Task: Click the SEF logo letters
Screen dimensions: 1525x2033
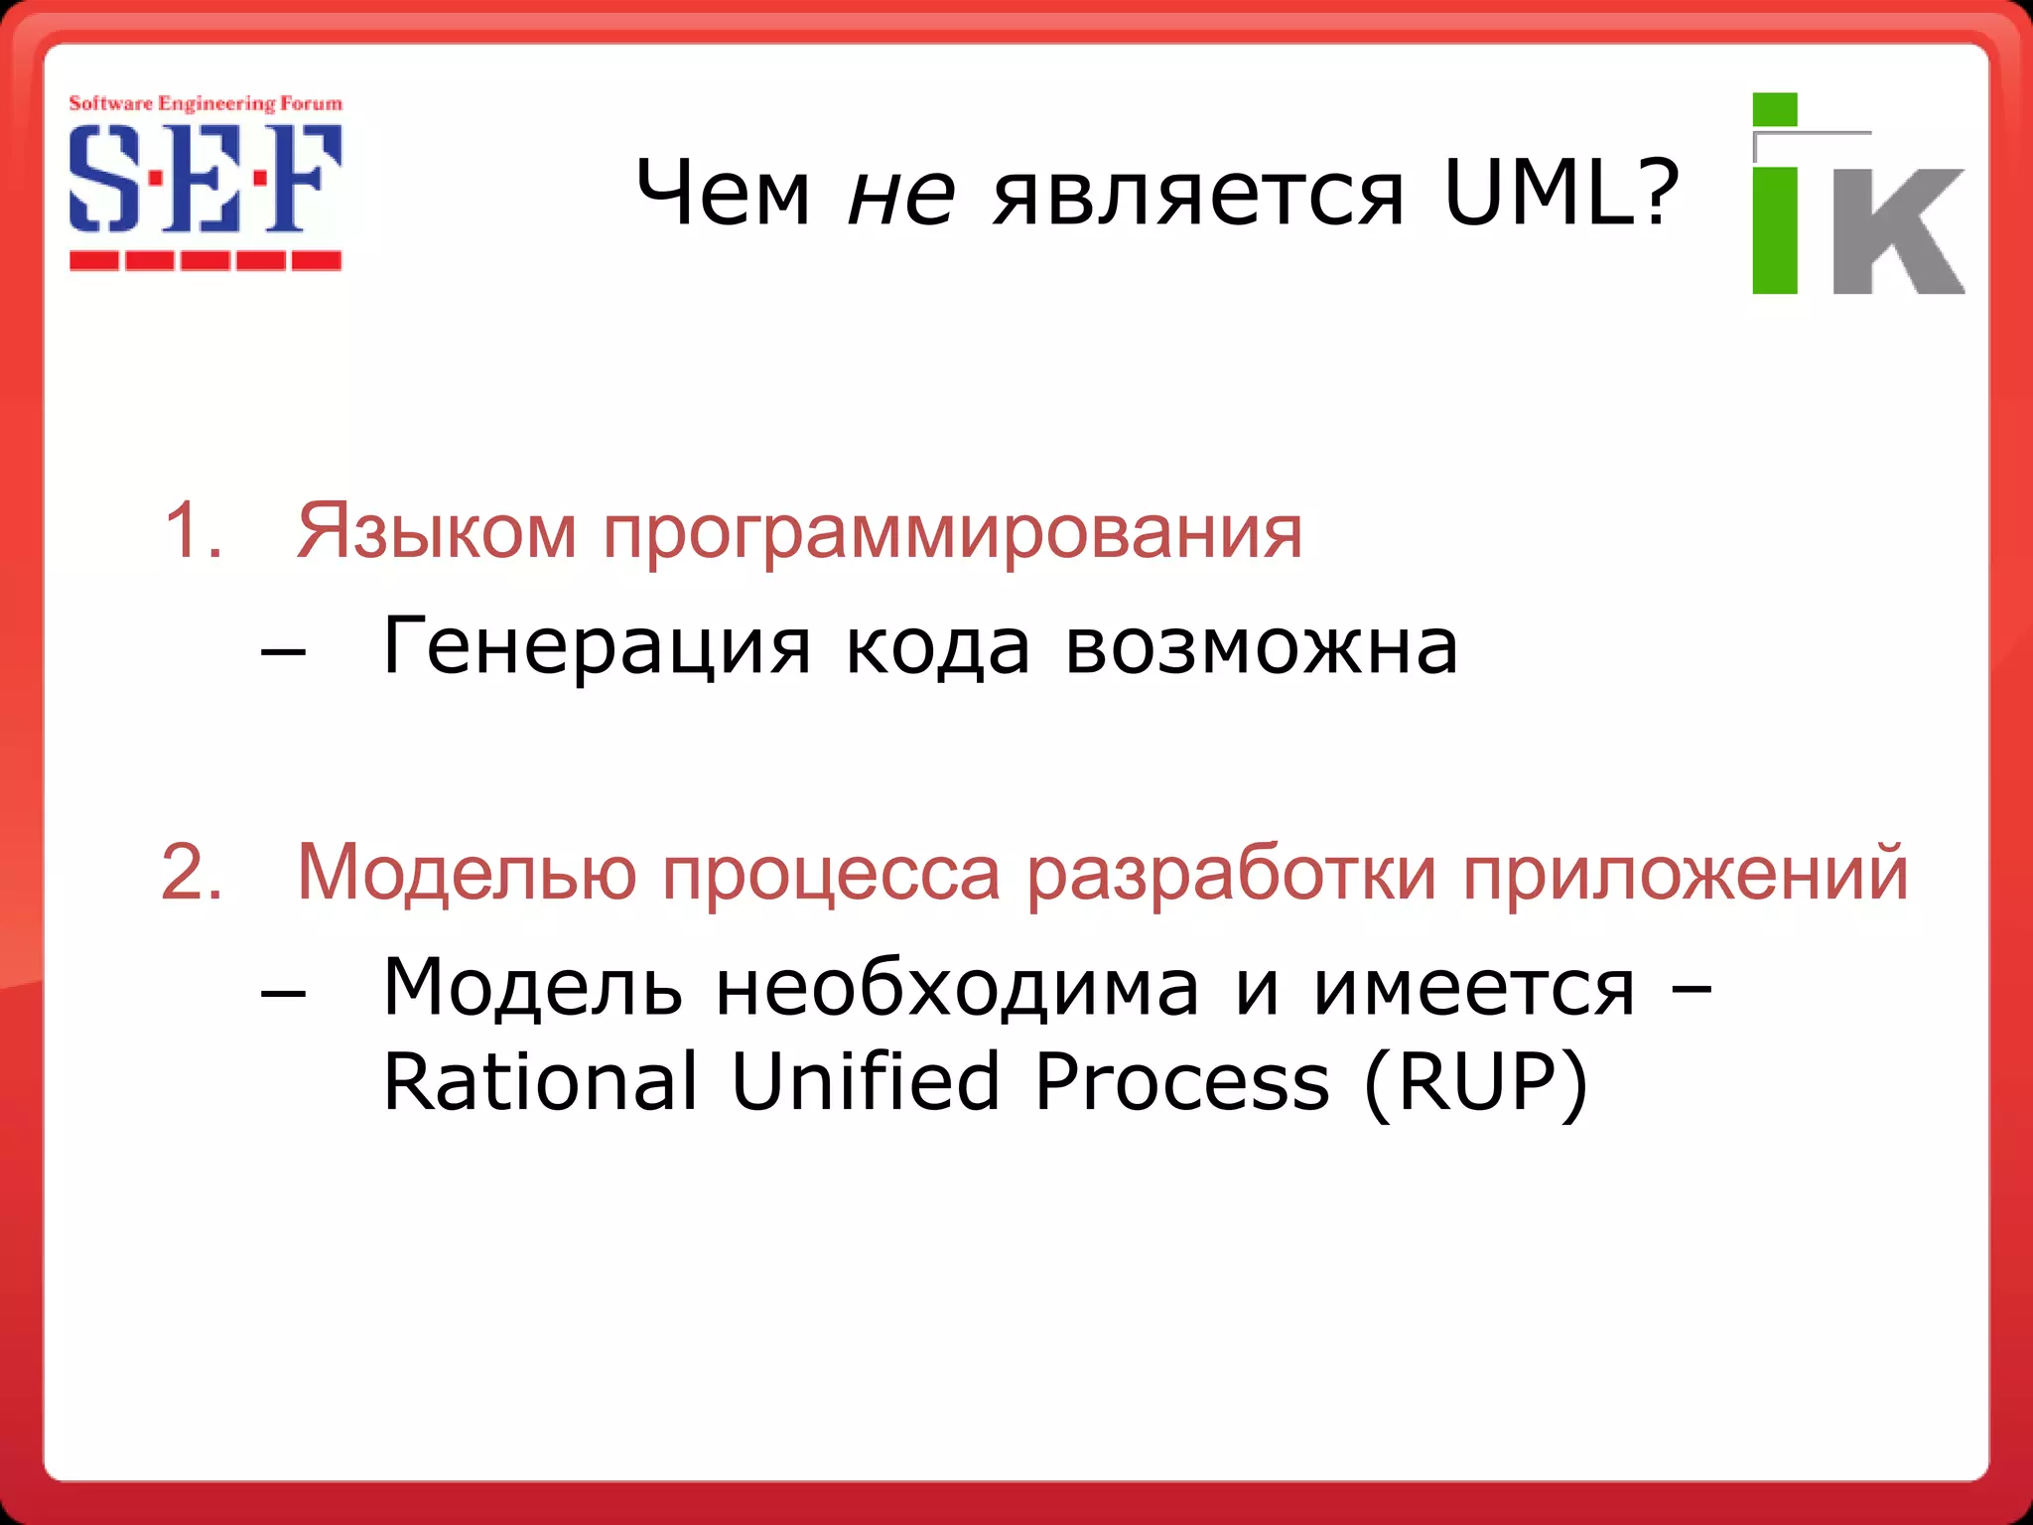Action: [205, 180]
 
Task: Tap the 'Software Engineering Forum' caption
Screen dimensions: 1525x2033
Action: [205, 103]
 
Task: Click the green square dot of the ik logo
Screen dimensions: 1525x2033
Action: [1775, 109]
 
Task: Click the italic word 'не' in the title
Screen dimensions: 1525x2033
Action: [901, 194]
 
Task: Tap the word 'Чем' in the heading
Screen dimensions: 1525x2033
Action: [723, 194]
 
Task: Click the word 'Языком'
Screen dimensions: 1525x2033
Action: [436, 532]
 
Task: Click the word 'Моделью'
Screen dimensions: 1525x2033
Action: [467, 873]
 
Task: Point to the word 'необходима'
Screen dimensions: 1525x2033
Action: [957, 988]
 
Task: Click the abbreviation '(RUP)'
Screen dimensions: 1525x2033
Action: [1476, 1082]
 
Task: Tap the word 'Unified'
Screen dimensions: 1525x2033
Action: [865, 1081]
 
